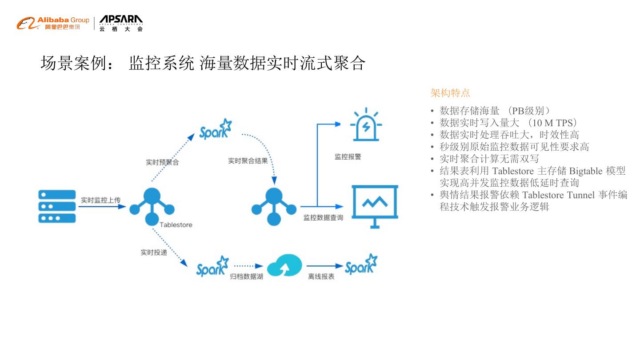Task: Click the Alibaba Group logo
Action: tap(53, 23)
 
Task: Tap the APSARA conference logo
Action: tap(121, 23)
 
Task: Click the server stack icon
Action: tap(57, 206)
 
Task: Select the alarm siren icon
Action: tap(366, 125)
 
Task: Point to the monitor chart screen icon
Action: tap(375, 206)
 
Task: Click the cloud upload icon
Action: tap(284, 265)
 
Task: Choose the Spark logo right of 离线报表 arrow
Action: tap(361, 265)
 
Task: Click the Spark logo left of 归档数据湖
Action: tap(212, 266)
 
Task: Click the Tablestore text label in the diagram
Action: tap(176, 225)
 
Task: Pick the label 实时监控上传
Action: tap(100, 200)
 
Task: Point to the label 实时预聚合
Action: tap(162, 162)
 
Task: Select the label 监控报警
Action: tap(348, 157)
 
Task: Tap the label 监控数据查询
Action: tap(323, 218)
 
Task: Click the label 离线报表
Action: tap(321, 276)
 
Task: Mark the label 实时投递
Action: tap(154, 252)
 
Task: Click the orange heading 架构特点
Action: tap(450, 93)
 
